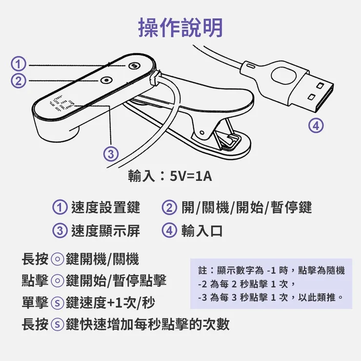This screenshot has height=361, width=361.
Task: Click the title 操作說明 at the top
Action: (180, 28)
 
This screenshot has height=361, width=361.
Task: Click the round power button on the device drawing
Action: (105, 80)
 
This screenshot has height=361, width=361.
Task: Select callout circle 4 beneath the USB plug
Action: (316, 125)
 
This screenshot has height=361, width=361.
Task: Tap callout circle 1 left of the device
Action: (18, 64)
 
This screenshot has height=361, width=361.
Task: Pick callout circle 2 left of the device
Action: (18, 80)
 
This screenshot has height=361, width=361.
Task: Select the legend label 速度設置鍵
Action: (105, 207)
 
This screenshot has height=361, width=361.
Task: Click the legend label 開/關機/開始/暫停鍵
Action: (246, 207)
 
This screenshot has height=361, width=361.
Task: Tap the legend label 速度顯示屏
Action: (105, 230)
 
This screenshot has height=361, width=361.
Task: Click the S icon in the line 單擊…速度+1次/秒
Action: (58, 303)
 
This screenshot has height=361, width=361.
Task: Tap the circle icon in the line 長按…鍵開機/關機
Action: (58, 259)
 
